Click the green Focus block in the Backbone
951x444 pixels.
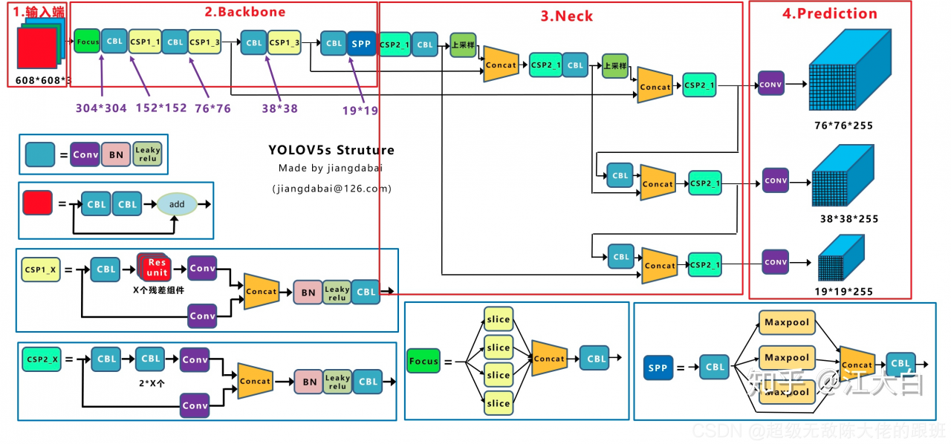(87, 42)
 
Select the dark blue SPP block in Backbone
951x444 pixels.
(361, 43)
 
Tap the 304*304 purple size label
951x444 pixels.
(101, 108)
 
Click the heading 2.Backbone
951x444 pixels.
(245, 12)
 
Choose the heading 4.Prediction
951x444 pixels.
(830, 13)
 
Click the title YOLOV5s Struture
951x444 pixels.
(331, 150)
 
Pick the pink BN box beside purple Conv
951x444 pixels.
(116, 154)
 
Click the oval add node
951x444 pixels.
(177, 204)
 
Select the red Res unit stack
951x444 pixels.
(155, 267)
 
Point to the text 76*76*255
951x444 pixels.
(843, 125)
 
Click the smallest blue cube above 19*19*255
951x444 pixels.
(840, 257)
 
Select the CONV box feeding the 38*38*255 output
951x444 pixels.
(776, 180)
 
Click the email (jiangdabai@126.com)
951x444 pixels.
(331, 189)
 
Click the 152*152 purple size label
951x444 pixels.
(161, 108)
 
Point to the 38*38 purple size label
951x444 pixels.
(279, 108)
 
